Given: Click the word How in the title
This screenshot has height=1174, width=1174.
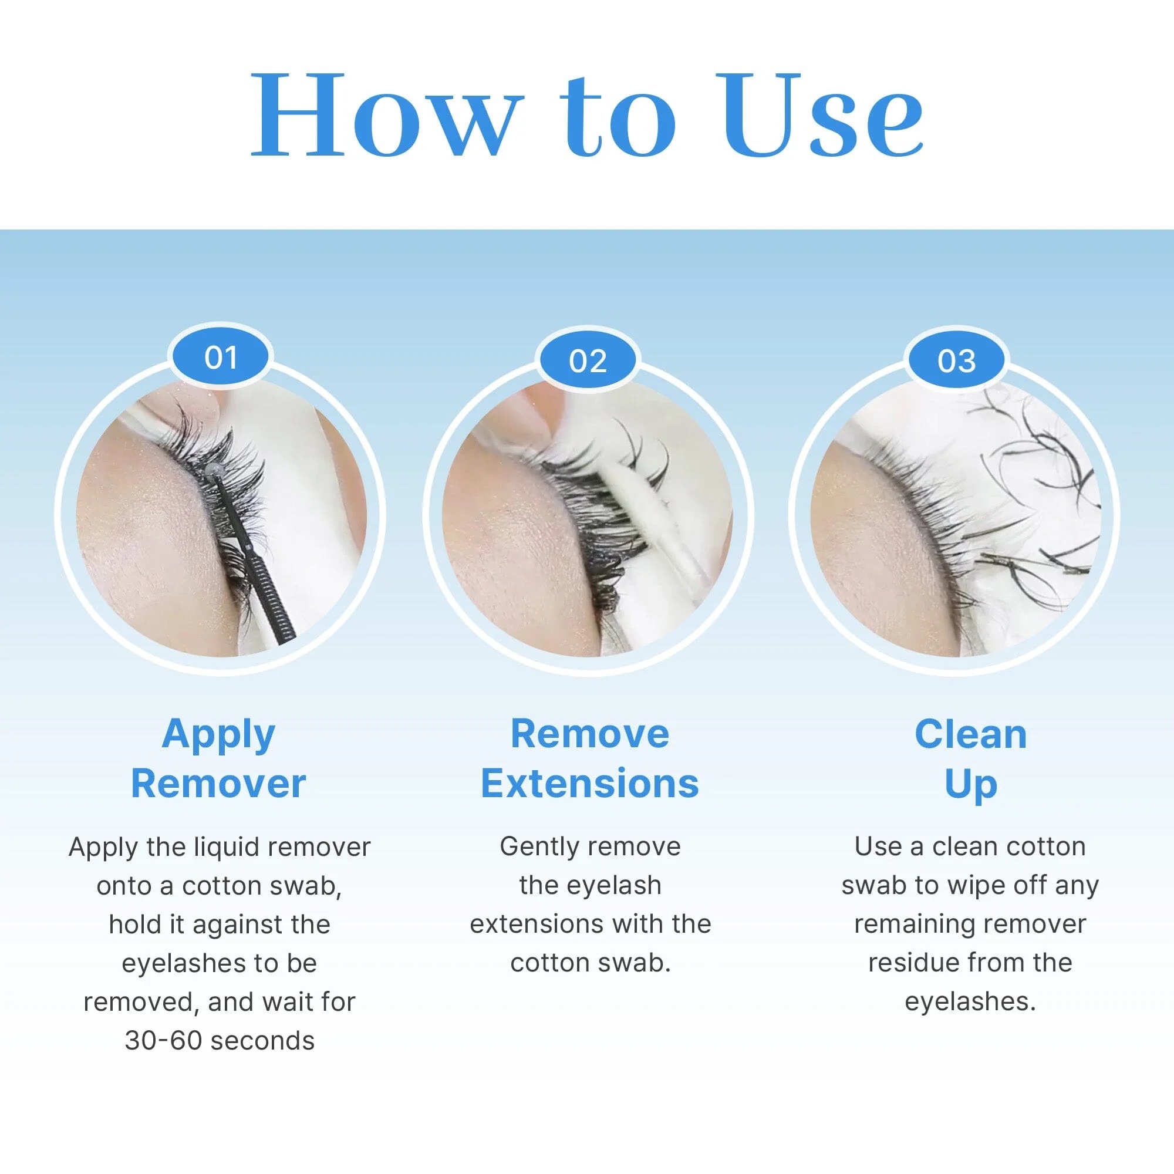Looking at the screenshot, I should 385,116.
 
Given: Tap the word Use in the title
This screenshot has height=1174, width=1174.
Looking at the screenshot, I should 818,116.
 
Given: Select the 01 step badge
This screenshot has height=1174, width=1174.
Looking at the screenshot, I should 221,357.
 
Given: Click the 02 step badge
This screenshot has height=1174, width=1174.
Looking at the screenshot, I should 588,361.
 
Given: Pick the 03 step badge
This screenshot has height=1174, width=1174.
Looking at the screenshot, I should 956,361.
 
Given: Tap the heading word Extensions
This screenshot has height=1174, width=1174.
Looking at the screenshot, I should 589,783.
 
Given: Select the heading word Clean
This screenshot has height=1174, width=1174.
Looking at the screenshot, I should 970,735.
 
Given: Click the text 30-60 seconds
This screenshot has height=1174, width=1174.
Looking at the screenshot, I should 220,1040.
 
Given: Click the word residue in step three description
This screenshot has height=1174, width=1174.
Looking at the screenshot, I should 913,963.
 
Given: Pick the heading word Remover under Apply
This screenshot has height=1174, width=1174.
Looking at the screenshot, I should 218,783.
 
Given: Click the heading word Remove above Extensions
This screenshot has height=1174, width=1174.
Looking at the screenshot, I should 589,734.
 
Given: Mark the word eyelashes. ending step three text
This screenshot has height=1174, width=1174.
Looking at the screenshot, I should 970,1001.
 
